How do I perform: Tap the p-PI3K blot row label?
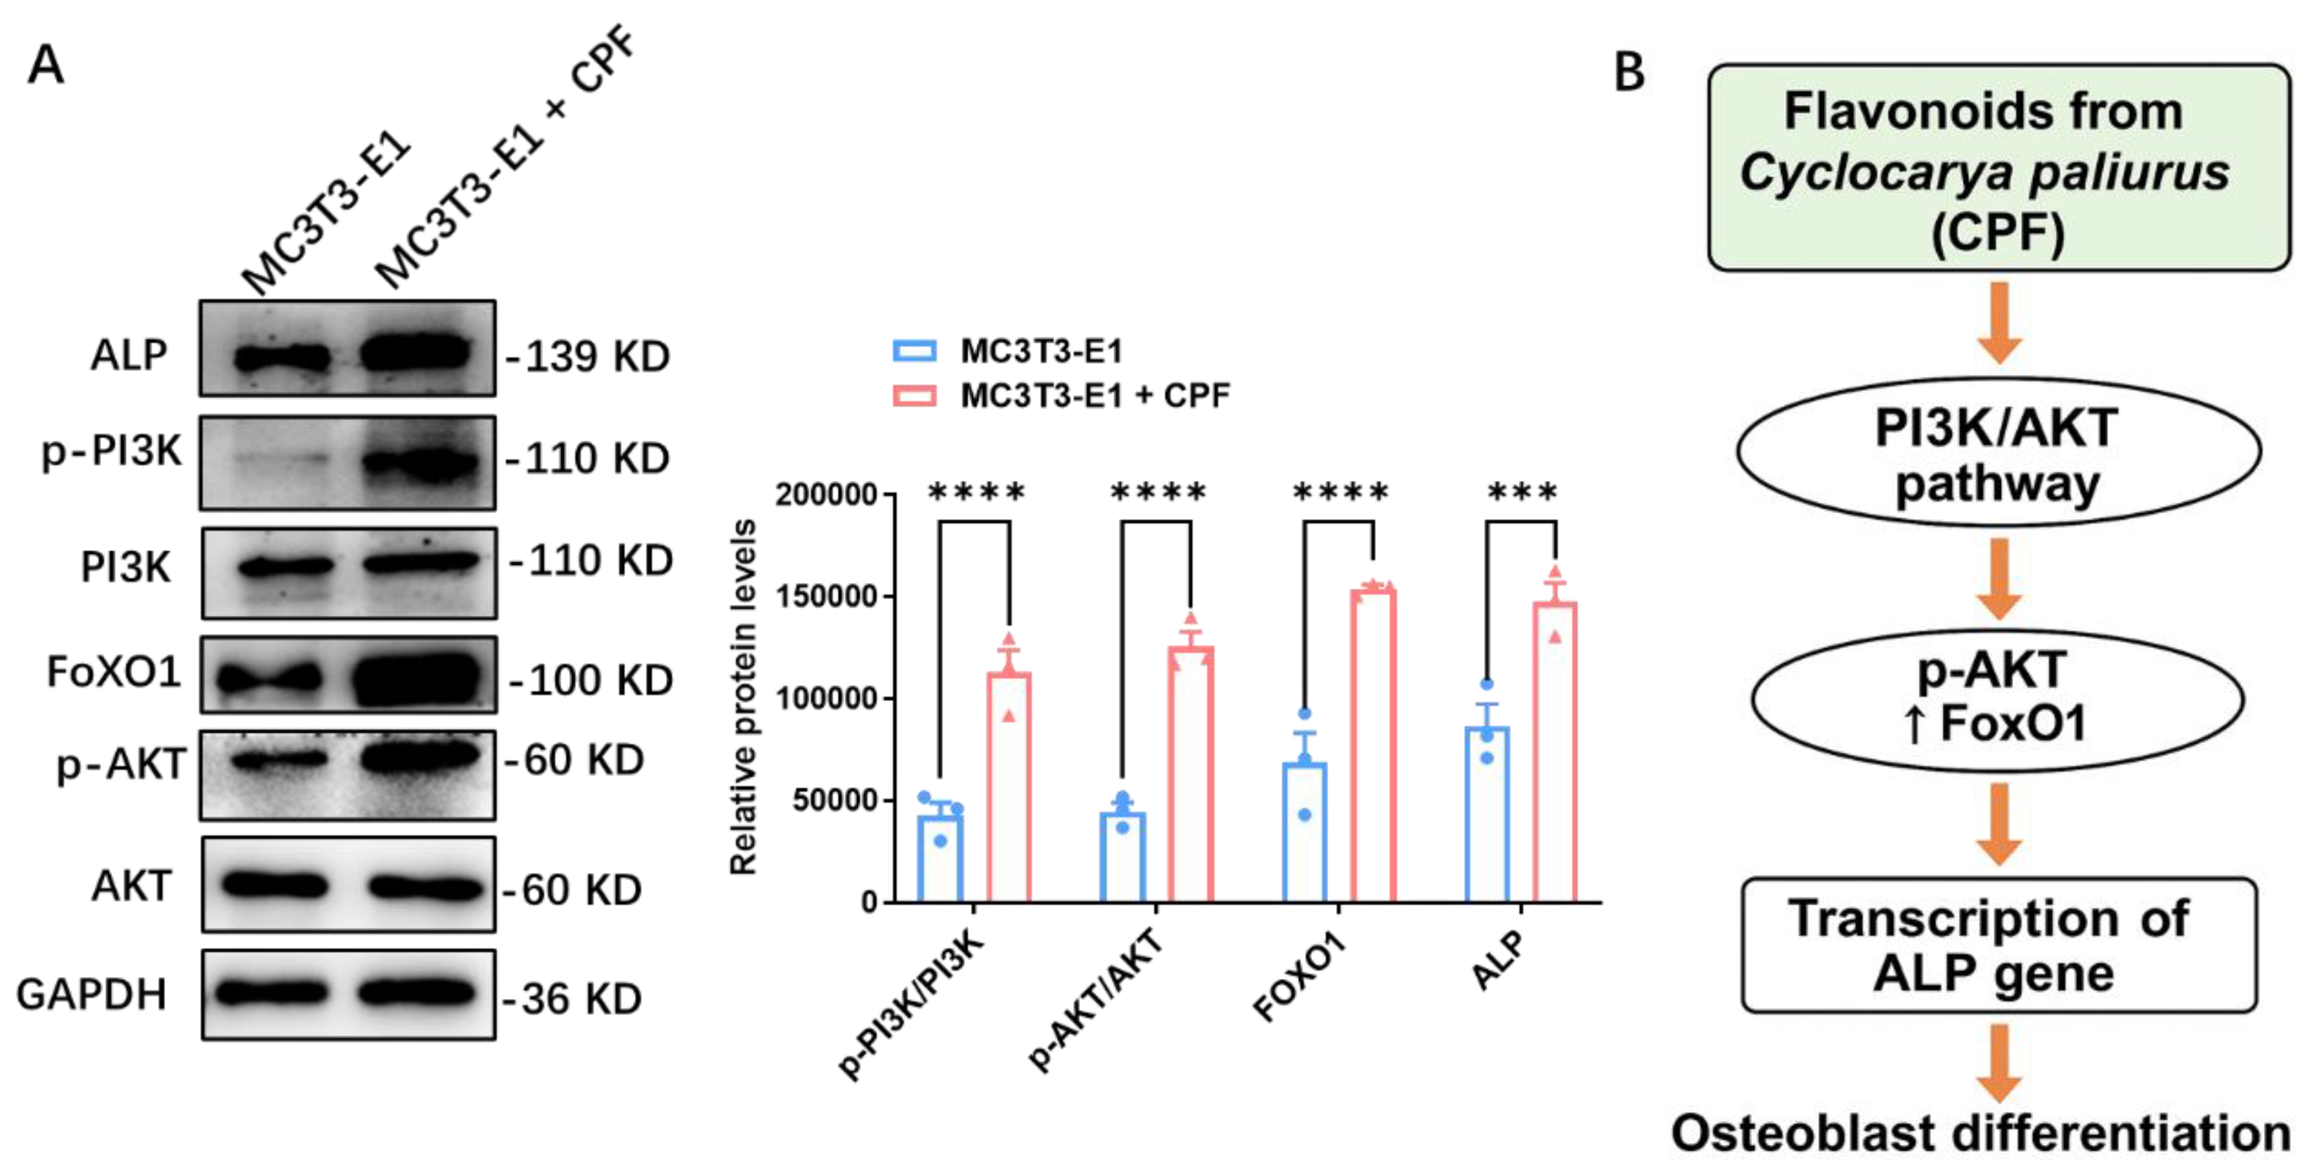tap(112, 451)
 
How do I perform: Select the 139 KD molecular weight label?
tap(590, 357)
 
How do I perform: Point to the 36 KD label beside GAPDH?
tap(574, 999)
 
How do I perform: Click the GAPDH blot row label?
tap(91, 994)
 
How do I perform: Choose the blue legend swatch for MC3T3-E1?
tap(914, 351)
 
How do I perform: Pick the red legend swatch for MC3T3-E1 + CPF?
tap(914, 395)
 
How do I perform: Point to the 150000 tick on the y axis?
tap(826, 596)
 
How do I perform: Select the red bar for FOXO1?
tap(1372, 744)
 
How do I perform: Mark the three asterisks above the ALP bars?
tap(1522, 492)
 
